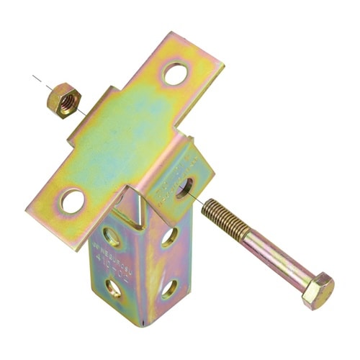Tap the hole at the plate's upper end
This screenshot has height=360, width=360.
pos(175,72)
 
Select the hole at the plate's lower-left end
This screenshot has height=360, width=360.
pos(72,199)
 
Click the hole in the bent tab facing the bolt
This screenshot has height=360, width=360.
pos(184,189)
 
